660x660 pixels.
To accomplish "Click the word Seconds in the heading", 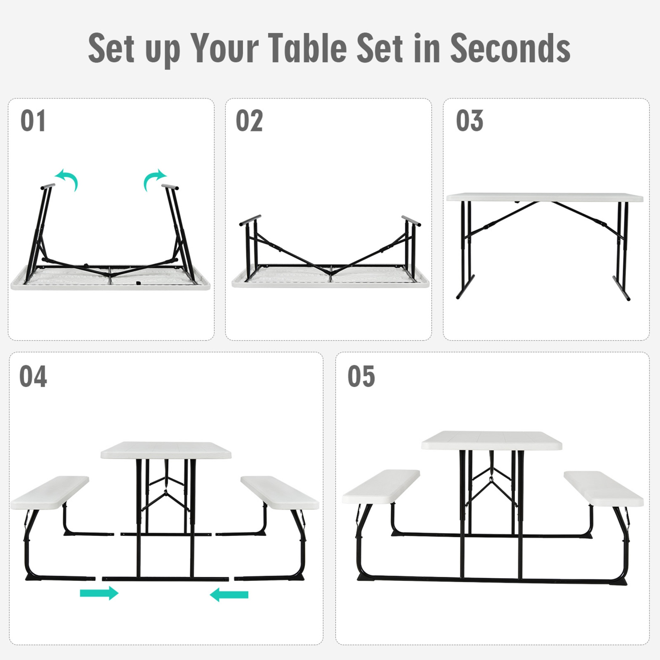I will click(510, 48).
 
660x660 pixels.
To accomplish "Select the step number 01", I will click(33, 121).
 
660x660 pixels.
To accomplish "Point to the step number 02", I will click(249, 121).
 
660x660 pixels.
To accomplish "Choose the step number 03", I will click(469, 121).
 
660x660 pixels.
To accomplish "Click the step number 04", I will click(33, 377).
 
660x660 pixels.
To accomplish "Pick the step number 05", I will click(361, 377).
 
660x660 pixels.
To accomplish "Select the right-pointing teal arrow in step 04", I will click(99, 593).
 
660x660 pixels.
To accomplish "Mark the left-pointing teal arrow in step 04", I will click(229, 595).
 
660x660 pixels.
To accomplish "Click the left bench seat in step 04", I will click(49, 493).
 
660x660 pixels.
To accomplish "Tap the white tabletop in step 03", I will click(545, 197).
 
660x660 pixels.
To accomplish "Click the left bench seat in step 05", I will click(381, 487).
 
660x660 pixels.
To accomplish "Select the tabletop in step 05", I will click(491, 440).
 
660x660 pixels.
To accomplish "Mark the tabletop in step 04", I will click(166, 450).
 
